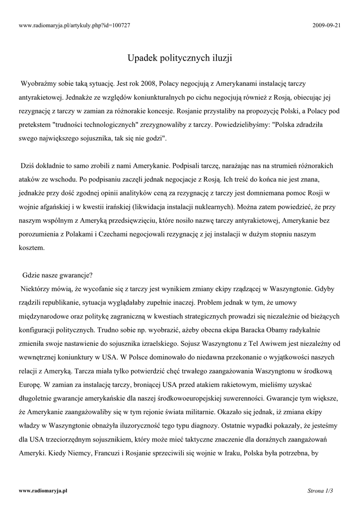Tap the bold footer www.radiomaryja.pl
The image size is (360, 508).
[x=43, y=491]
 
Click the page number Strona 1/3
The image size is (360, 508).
[x=320, y=491]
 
